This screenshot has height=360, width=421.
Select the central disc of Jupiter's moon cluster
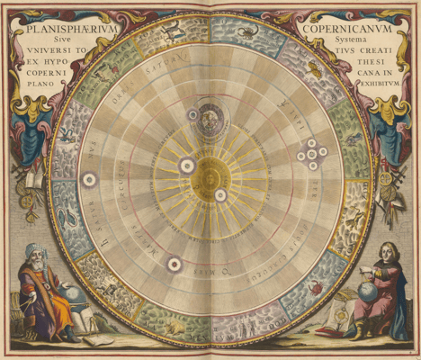click(312, 154)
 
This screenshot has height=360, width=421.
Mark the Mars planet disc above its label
click(174, 264)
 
